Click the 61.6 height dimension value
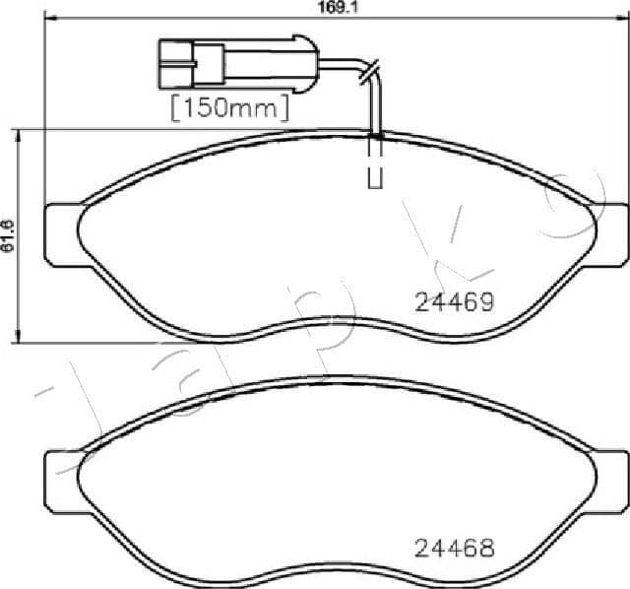point(8,236)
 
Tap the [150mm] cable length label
point(229,106)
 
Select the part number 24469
point(453,303)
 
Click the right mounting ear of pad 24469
point(611,233)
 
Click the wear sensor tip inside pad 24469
point(375,167)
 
